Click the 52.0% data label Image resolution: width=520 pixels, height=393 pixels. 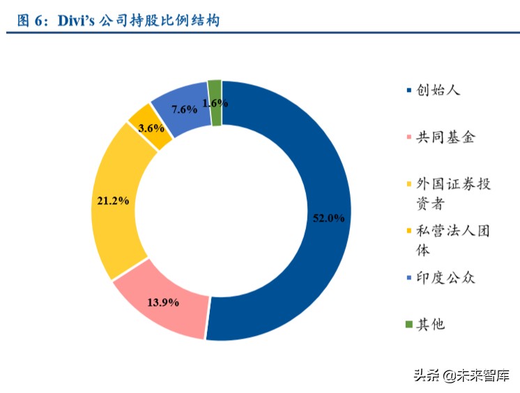tap(327, 217)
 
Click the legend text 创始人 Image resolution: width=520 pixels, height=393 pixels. tap(439, 90)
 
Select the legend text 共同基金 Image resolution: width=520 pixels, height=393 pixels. tap(445, 137)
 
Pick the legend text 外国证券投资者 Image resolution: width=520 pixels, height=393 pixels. tap(453, 194)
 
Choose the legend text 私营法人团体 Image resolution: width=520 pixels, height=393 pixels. tap(453, 240)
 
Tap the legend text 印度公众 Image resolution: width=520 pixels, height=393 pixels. tap(445, 278)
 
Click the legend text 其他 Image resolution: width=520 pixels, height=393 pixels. tap(430, 324)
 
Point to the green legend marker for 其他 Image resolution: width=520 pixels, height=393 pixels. tap(408, 324)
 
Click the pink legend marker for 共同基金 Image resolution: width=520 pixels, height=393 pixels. tap(408, 138)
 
